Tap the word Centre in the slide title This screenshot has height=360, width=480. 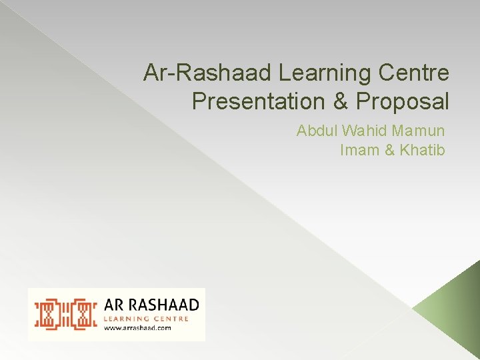click(x=417, y=73)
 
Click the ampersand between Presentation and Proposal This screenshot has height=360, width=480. click(x=337, y=101)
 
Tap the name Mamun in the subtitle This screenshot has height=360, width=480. click(x=420, y=131)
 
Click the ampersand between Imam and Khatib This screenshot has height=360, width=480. click(x=390, y=150)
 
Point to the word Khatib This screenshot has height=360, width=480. click(x=422, y=150)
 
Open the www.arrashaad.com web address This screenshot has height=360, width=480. click(x=137, y=327)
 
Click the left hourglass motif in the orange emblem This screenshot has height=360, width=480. click(x=49, y=314)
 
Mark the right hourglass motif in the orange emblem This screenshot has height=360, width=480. click(x=83, y=314)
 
